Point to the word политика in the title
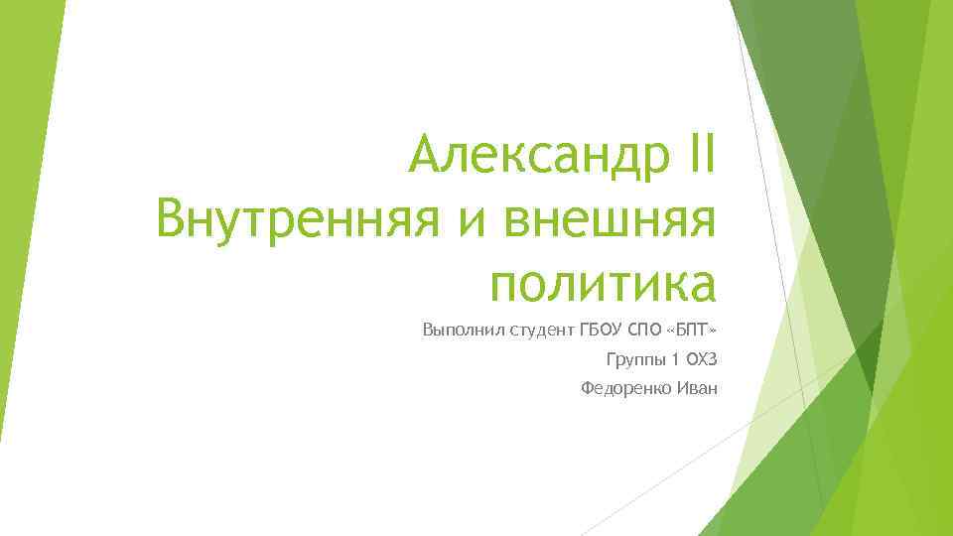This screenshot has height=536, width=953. [603, 281]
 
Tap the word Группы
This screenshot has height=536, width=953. [631, 359]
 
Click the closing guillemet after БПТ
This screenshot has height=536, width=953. [712, 330]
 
